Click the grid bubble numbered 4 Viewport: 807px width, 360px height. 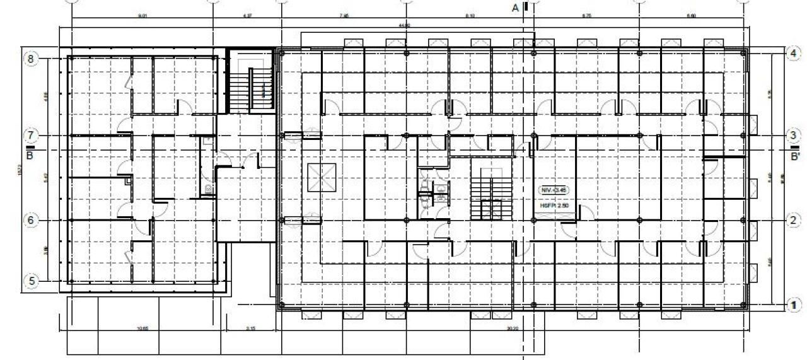point(793,54)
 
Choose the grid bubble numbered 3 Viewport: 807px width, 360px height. point(793,135)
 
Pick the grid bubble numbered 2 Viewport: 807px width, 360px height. point(793,220)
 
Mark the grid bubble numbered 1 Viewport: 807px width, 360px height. point(793,305)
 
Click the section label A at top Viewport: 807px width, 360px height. point(515,8)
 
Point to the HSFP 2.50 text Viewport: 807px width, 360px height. point(554,206)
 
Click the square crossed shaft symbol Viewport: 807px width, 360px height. point(322,178)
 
